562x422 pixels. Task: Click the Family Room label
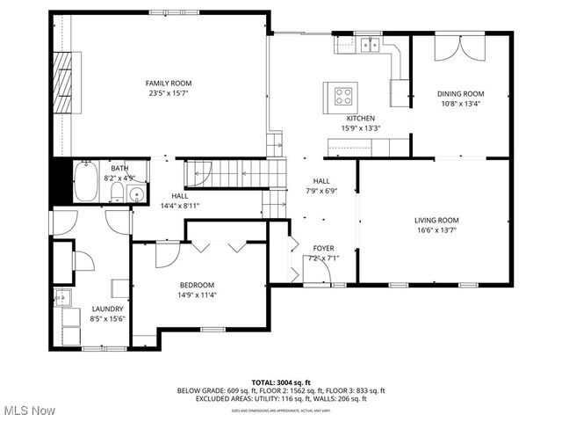tap(168, 84)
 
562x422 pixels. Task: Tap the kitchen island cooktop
tap(342, 92)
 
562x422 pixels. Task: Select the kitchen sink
tap(372, 43)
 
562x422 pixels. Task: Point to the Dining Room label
tap(461, 93)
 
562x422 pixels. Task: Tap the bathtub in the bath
tap(86, 183)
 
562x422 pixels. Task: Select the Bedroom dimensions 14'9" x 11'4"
tap(198, 295)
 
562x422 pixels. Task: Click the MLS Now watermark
tap(28, 410)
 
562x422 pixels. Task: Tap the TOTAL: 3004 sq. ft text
tap(281, 382)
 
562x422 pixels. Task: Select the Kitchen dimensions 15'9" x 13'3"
tap(361, 127)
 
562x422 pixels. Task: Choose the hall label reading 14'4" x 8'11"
tap(180, 206)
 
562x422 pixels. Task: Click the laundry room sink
tap(62, 297)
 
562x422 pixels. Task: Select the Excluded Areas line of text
tap(281, 398)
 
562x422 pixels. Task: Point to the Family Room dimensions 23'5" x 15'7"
tap(168, 92)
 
